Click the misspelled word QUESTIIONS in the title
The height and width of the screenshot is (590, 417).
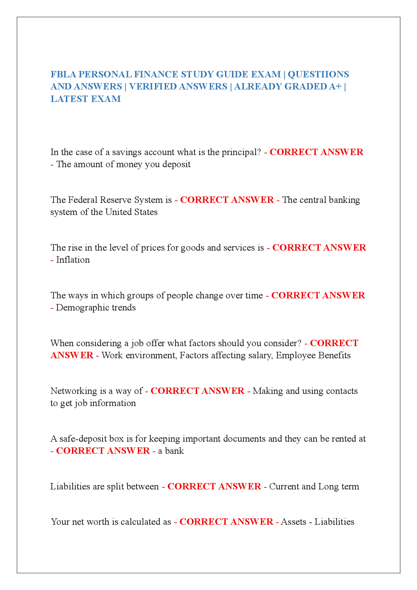(318, 74)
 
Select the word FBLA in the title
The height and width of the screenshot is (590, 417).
(63, 74)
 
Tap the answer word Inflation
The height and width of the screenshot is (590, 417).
(73, 260)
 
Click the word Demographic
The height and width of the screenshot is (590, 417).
(82, 308)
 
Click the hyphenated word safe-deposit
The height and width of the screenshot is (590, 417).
(83, 439)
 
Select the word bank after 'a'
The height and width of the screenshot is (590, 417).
(175, 451)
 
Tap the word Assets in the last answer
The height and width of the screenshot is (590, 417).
(294, 522)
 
